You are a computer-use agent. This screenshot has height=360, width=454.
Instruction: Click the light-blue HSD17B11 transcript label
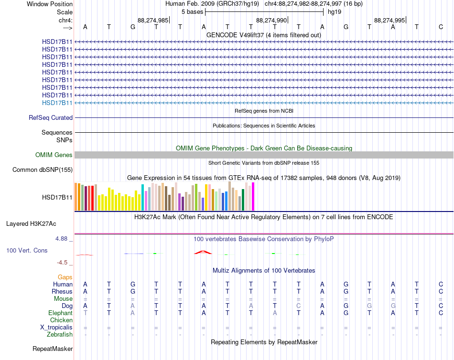[57, 103]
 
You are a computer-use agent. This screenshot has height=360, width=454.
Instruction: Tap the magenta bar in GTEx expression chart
[253, 197]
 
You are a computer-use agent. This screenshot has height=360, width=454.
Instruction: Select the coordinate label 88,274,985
[153, 20]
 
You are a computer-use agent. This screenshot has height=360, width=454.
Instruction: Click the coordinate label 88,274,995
[389, 20]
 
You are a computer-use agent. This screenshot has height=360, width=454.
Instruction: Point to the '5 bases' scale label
[192, 12]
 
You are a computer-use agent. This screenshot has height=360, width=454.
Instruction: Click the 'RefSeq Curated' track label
[51, 118]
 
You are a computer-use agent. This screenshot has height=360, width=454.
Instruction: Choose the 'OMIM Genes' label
[54, 155]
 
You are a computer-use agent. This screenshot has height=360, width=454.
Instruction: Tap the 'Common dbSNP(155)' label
[43, 169]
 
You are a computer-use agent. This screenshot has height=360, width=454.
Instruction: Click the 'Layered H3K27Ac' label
[31, 224]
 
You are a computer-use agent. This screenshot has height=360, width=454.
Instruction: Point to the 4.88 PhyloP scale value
[61, 239]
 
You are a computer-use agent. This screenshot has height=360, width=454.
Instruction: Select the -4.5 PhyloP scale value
[62, 263]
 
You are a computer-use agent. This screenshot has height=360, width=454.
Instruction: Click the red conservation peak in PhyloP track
[203, 253]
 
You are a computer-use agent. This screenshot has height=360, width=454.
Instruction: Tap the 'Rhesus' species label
[62, 291]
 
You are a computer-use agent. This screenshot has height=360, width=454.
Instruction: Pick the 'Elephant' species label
[61, 313]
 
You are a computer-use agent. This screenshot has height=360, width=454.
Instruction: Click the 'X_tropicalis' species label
[56, 328]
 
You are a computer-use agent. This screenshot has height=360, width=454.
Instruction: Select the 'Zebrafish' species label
[60, 335]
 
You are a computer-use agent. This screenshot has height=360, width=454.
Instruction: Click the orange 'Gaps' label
[65, 277]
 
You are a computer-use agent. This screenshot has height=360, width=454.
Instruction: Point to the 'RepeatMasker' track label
[53, 349]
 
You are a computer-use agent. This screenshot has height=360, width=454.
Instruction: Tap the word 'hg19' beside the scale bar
[335, 12]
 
